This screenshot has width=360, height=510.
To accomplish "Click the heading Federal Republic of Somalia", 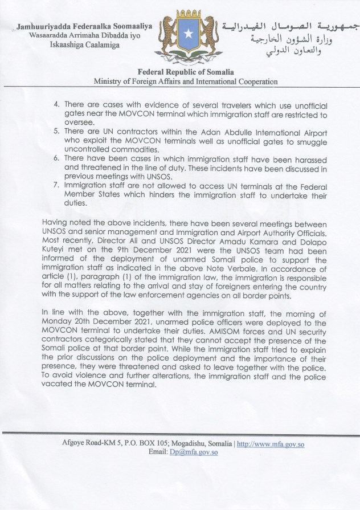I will [186, 72].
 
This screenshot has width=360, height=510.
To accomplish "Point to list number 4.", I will [56, 106].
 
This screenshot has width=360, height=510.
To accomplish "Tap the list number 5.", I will [56, 130].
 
